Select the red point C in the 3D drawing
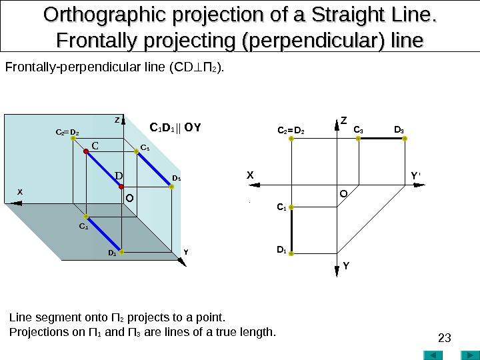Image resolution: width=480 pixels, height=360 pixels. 86,152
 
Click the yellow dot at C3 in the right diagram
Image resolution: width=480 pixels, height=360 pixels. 359,139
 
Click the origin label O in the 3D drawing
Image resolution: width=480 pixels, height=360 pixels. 130,198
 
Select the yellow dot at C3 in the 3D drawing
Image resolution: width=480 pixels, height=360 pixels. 137,152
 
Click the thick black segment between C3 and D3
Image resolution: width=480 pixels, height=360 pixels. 381,139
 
